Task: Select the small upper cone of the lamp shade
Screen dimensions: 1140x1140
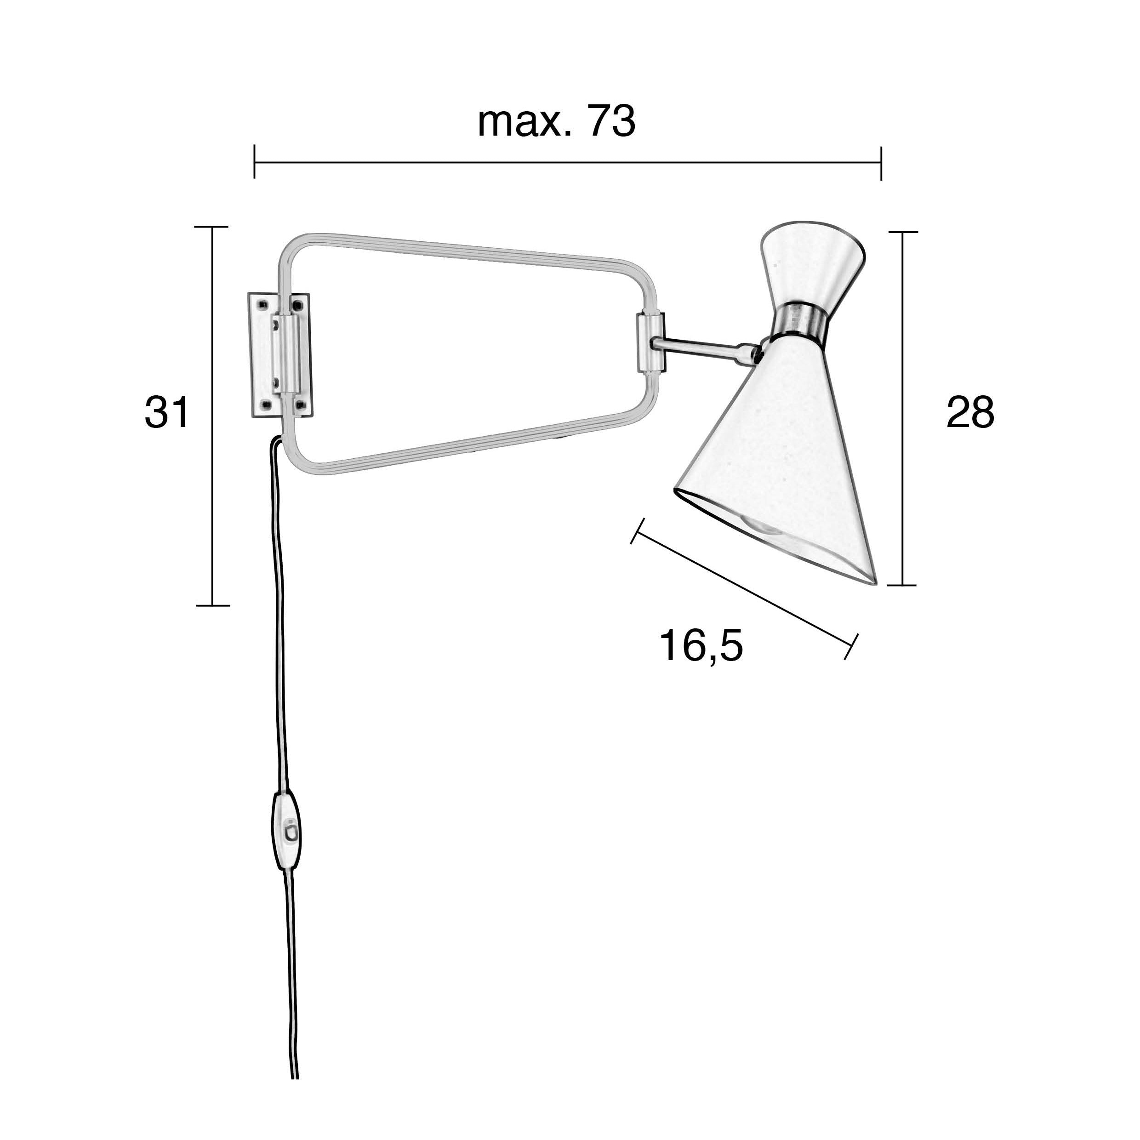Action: tap(812, 266)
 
